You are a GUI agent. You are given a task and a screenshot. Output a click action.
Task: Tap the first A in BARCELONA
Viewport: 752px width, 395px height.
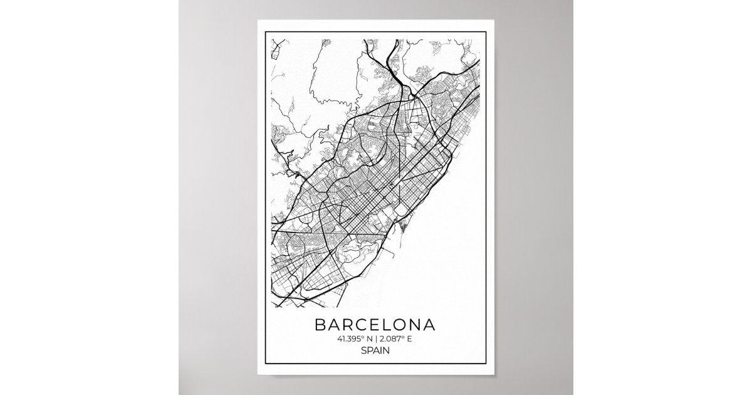[x=333, y=325]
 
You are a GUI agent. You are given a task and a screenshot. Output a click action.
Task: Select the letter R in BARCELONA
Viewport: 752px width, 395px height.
[x=348, y=325]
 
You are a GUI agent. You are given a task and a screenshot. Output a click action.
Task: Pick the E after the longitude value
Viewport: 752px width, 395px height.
[x=412, y=339]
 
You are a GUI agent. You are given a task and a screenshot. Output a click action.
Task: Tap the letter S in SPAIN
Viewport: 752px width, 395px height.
[x=364, y=351]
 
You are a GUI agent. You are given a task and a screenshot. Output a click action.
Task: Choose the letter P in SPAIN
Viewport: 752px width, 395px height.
[x=370, y=351]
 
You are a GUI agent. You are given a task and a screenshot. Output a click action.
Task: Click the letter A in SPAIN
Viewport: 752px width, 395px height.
[x=377, y=351]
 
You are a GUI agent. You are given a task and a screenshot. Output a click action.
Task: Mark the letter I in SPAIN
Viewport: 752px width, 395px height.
[x=382, y=351]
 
